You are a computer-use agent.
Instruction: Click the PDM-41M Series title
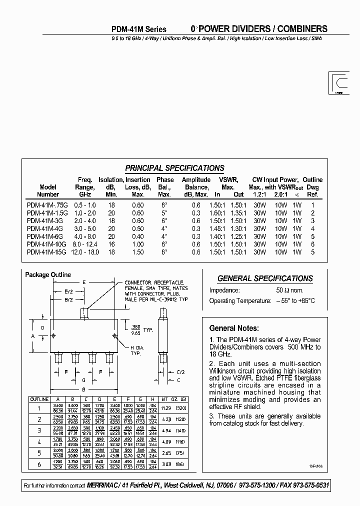tap(138, 29)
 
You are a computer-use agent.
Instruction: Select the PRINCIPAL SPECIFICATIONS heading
tap(174, 168)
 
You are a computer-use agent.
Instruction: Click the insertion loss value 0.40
tap(137, 236)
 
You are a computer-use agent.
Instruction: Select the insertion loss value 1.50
tap(137, 252)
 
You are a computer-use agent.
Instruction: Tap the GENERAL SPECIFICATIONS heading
tap(265, 278)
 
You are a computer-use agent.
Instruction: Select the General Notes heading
tap(233, 328)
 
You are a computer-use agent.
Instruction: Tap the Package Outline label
tap(48, 274)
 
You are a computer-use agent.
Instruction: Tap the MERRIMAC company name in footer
tap(103, 486)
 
